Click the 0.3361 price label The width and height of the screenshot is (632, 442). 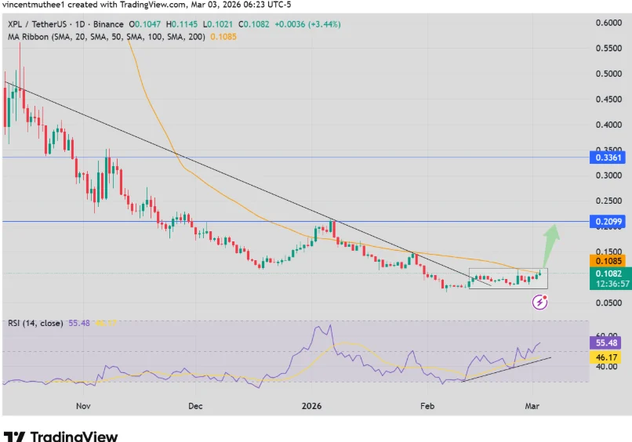[608, 158]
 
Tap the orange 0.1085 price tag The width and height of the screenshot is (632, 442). [608, 260]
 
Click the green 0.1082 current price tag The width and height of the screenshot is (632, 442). [608, 274]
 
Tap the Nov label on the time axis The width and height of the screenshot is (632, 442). [84, 406]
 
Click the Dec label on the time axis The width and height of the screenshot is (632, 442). [195, 406]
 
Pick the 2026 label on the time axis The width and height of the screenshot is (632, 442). [312, 406]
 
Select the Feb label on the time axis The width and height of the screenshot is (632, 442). [427, 406]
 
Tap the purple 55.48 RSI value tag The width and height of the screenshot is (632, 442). [608, 343]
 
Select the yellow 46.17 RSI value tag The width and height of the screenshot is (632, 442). [608, 357]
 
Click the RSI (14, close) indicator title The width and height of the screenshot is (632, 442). [36, 323]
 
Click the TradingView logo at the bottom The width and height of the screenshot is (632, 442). [61, 436]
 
